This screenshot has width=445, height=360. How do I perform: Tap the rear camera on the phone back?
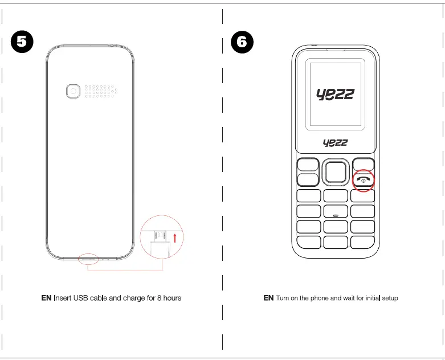pyautogui.click(x=73, y=92)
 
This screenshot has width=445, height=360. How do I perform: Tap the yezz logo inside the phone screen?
pyautogui.click(x=335, y=94)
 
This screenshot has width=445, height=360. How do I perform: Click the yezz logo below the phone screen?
pyautogui.click(x=335, y=142)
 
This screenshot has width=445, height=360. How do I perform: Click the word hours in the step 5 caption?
pyautogui.click(x=172, y=298)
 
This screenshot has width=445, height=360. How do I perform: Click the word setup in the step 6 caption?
pyautogui.click(x=387, y=298)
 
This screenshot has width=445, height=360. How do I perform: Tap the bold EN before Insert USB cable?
pyautogui.click(x=46, y=298)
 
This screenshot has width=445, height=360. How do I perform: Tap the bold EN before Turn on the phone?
pyautogui.click(x=268, y=298)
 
